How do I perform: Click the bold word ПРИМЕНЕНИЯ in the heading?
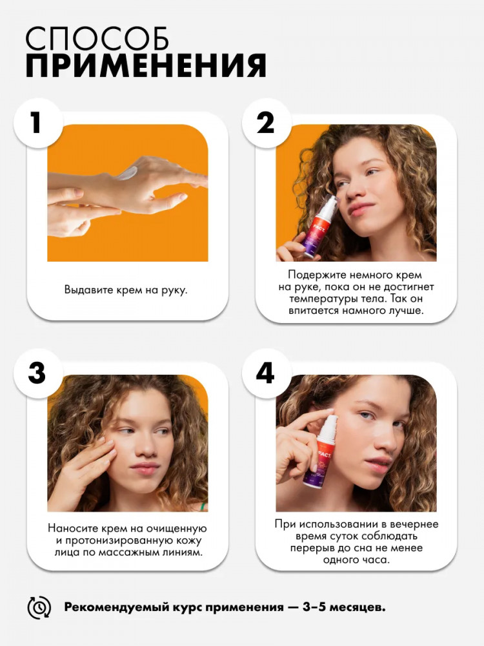pyautogui.click(x=146, y=65)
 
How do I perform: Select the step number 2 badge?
pyautogui.click(x=266, y=123)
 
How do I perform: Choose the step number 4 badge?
pyautogui.click(x=266, y=373)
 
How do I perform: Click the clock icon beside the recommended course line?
pyautogui.click(x=39, y=607)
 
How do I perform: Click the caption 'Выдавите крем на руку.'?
pyautogui.click(x=126, y=289)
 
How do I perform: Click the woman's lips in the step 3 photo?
pyautogui.click(x=144, y=468)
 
